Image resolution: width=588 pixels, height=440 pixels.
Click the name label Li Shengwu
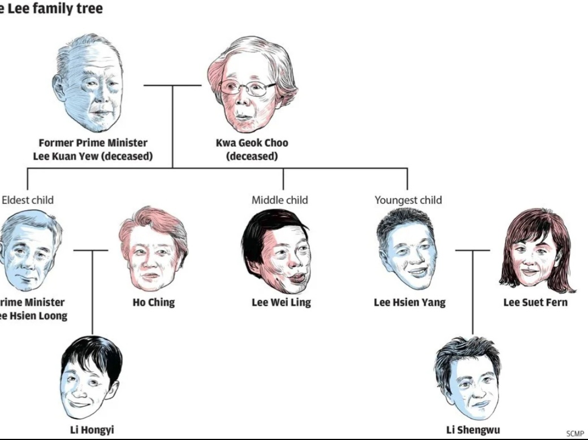coord(473,430)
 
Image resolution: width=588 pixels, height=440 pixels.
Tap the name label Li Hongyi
coord(92,430)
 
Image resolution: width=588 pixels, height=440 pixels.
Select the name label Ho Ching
coord(153,302)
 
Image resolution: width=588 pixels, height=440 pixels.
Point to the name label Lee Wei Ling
coord(281,302)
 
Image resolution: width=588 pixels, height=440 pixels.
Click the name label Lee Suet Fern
coord(535,302)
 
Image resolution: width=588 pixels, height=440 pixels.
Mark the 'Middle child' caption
coord(279,200)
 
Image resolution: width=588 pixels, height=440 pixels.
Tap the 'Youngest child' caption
coord(408,200)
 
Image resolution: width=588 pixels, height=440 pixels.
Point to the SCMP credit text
coord(574,433)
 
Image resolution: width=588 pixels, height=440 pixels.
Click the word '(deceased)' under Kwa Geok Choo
coord(252,156)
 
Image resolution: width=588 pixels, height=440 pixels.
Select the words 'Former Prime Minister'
coord(93,143)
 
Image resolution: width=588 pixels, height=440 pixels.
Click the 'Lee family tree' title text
coord(51,8)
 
